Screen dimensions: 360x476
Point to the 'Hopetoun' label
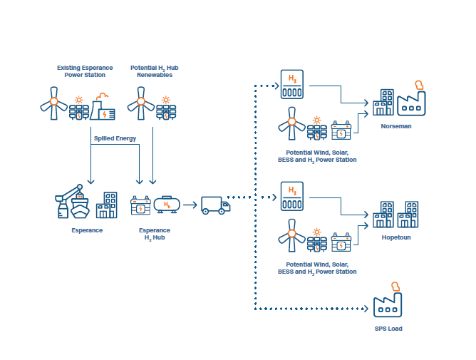(x=395, y=237)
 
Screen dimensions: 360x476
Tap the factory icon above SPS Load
(x=388, y=302)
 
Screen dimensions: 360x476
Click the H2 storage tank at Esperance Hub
(x=167, y=205)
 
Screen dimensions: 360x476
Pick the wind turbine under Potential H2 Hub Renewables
(x=140, y=104)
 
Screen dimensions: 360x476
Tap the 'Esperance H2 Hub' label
(x=154, y=234)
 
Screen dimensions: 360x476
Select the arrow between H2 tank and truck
(x=189, y=205)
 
